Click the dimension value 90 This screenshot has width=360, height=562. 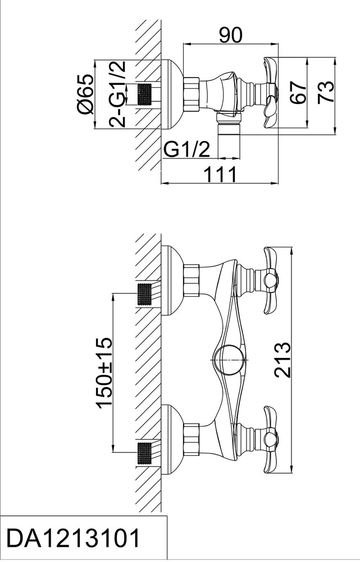coord(231,35)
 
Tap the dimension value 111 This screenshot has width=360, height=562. coord(220,175)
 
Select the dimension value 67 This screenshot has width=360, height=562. coord(298,92)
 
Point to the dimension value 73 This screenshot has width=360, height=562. coord(326,92)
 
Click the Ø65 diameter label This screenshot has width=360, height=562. coord(85,94)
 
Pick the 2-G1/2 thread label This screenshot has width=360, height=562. coord(118,94)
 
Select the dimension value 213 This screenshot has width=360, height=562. coord(282,360)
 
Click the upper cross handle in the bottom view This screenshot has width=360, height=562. coord(271,280)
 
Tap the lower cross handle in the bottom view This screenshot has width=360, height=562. coord(271,439)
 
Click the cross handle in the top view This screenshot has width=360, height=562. coord(271,92)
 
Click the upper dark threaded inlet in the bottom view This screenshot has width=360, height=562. coord(146,294)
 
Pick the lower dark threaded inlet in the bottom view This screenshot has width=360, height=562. coord(146,453)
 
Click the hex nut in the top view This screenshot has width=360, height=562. coord(191,92)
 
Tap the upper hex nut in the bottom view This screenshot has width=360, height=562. coord(191,280)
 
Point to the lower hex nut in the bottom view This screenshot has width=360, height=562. coord(191,440)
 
